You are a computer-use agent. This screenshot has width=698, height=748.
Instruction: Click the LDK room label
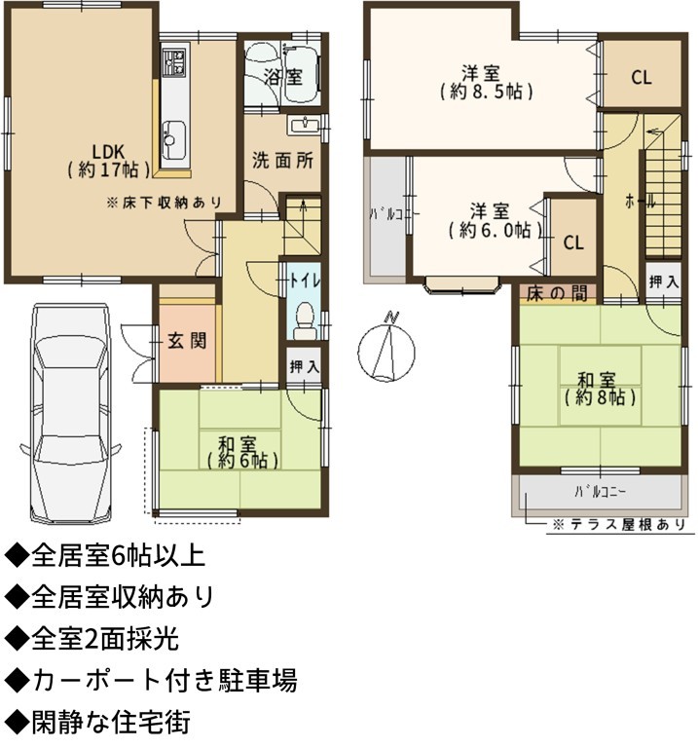click(x=109, y=161)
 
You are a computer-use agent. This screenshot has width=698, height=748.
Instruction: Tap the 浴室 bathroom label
click(x=283, y=76)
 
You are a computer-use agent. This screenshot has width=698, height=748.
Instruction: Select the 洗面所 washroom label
click(x=282, y=161)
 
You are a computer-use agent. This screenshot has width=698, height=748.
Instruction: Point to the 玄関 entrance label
click(x=187, y=341)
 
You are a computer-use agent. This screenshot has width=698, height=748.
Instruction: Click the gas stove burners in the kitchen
click(x=174, y=61)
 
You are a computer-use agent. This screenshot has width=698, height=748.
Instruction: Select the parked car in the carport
click(x=70, y=414)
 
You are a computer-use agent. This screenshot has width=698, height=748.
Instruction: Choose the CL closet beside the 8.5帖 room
click(x=642, y=77)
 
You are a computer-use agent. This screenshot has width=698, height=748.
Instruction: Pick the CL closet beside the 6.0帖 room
click(x=573, y=243)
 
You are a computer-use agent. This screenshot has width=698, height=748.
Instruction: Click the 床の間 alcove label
click(x=557, y=293)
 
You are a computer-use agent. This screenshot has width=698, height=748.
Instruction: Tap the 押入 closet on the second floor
click(x=663, y=281)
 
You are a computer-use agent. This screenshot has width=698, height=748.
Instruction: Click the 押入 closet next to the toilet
click(x=304, y=367)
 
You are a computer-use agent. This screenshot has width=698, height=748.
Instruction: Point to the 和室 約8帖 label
click(x=601, y=389)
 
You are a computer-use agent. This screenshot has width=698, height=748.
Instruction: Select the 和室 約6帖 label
click(x=242, y=451)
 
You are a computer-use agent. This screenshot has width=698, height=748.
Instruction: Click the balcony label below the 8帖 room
click(x=601, y=492)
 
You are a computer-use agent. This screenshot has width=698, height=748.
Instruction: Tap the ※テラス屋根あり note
click(x=619, y=525)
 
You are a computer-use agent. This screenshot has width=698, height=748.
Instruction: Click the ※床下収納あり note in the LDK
click(x=165, y=203)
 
